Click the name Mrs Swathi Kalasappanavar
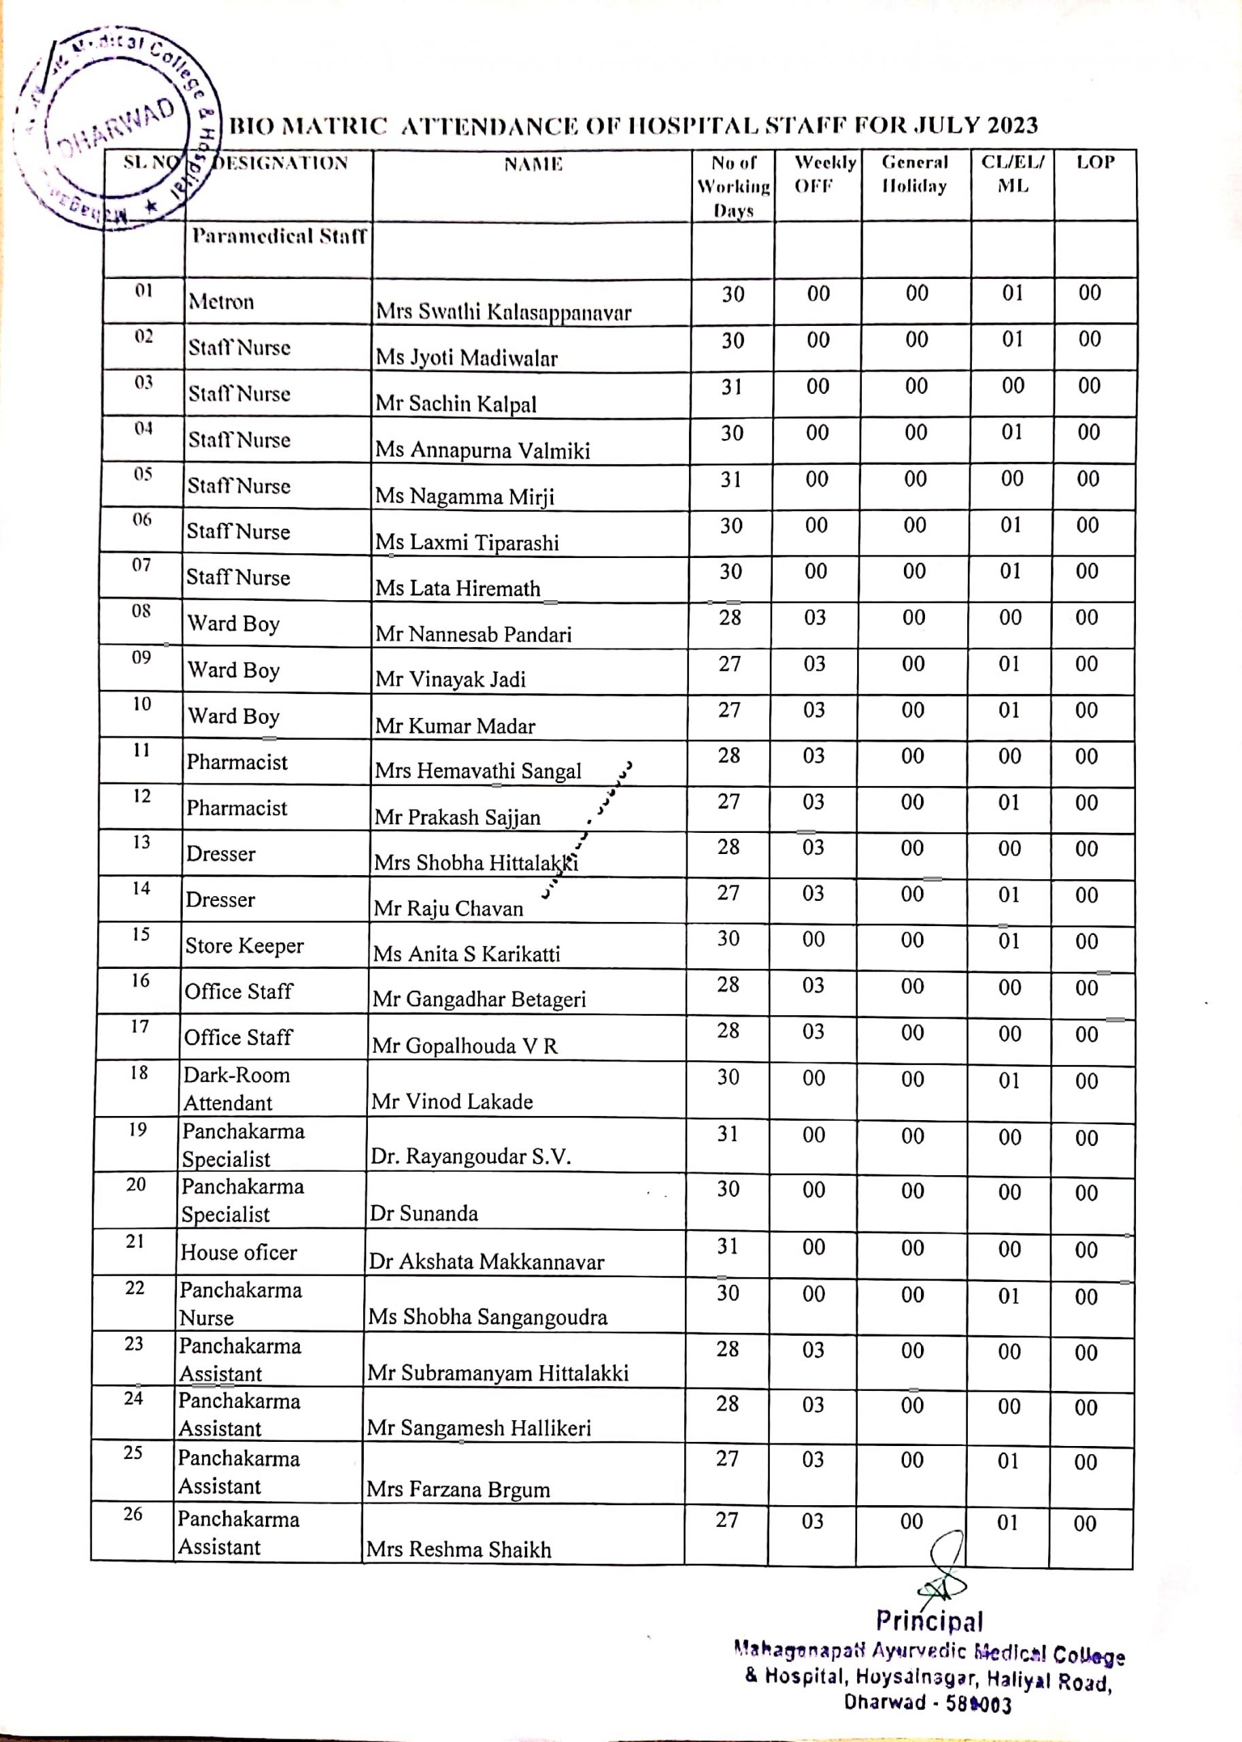tap(503, 312)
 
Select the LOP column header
tap(1095, 162)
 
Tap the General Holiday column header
tap(915, 174)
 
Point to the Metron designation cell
tap(221, 301)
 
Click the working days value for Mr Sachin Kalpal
tap(732, 387)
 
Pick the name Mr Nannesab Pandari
tap(473, 634)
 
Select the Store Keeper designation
tap(244, 947)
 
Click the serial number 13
tap(141, 842)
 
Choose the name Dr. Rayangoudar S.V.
tap(471, 1156)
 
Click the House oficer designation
tap(239, 1252)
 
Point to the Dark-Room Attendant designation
tap(236, 1089)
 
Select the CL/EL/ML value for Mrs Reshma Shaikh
tap(1007, 1523)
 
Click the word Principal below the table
tap(929, 1620)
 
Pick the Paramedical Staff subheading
tap(279, 235)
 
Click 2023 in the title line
tap(1011, 125)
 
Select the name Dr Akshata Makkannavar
tap(486, 1262)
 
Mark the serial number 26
tap(133, 1514)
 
